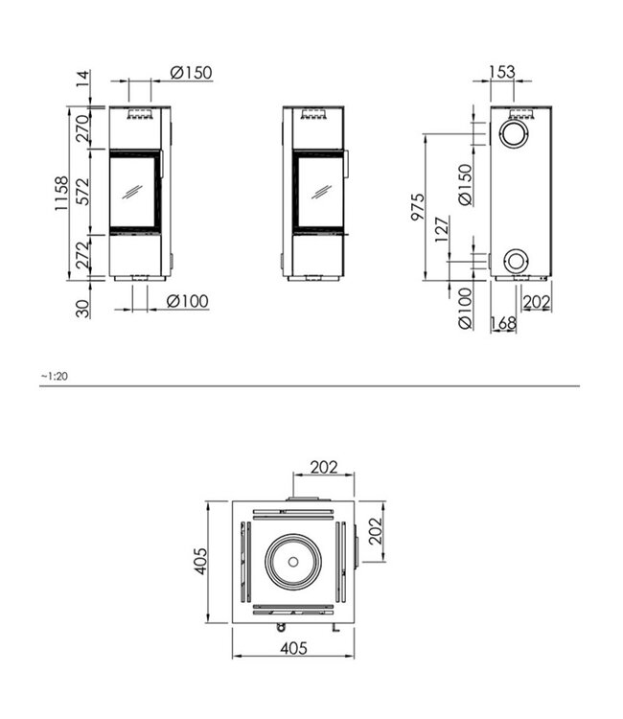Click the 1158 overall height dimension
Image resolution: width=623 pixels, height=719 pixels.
[60, 194]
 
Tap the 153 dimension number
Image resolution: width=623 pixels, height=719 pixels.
[501, 72]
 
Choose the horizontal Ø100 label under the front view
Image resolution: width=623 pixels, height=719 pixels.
[187, 301]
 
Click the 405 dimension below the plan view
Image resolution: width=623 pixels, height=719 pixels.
[293, 648]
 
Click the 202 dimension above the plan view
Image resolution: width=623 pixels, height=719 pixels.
[322, 467]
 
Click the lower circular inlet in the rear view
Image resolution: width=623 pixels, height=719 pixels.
[516, 260]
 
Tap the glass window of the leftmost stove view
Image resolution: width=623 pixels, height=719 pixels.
[133, 192]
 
